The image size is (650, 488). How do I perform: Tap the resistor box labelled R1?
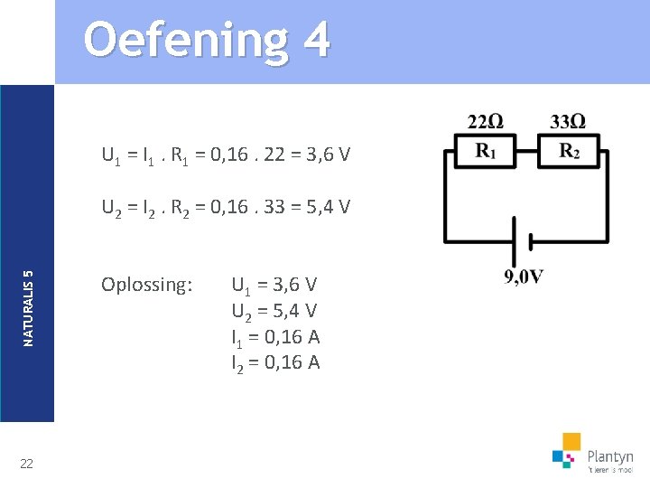click(x=485, y=151)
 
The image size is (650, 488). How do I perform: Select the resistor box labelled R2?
click(x=569, y=151)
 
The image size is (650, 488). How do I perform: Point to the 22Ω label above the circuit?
click(x=486, y=122)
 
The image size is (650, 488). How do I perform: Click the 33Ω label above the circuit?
click(x=568, y=122)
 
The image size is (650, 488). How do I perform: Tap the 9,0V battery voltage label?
click(x=524, y=277)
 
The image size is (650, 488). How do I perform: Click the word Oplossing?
click(x=147, y=285)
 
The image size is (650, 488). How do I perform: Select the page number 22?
click(x=27, y=464)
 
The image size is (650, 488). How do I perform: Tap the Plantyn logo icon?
click(x=567, y=450)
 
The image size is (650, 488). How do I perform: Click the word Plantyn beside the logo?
click(x=610, y=456)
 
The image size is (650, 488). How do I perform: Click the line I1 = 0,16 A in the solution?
click(x=275, y=338)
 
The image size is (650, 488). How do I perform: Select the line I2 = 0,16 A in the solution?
click(x=275, y=363)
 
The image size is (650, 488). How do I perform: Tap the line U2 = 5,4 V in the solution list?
click(x=274, y=312)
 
